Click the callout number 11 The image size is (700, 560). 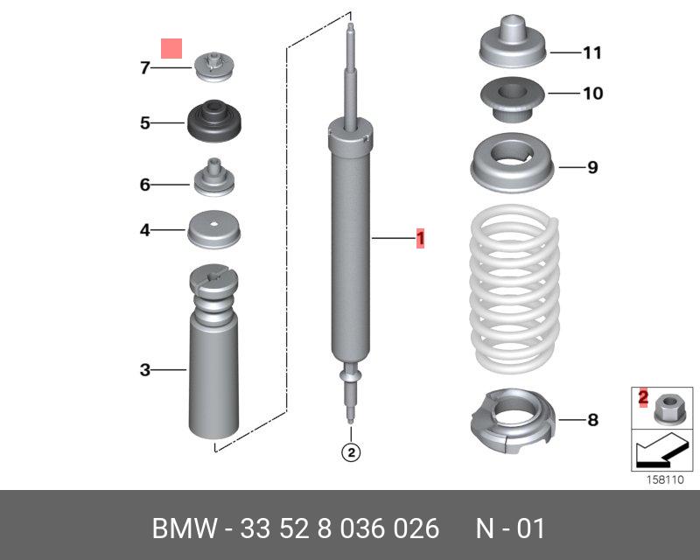[x=592, y=52]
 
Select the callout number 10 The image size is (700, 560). [x=593, y=94]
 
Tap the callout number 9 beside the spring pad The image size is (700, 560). [x=592, y=167]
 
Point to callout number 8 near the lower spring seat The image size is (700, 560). [x=592, y=420]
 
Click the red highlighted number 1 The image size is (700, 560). [x=420, y=239]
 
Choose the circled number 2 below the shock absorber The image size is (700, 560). [x=351, y=452]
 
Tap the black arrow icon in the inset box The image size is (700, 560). [x=661, y=451]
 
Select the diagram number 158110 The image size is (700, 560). [x=665, y=479]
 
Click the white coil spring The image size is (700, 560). [x=514, y=290]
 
